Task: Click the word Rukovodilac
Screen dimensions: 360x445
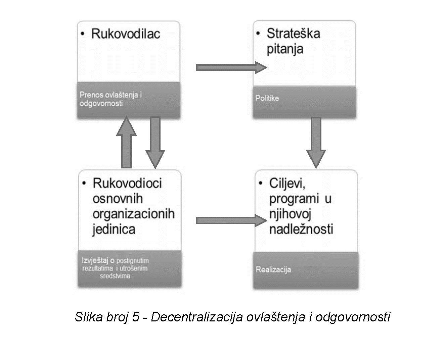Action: tap(126, 34)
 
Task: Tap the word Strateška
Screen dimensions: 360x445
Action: tap(293, 34)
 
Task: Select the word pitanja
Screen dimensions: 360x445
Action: tap(285, 49)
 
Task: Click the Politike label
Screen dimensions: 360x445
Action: tap(267, 98)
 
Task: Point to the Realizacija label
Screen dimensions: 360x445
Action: tap(273, 269)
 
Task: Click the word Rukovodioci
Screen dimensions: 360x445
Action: tap(127, 183)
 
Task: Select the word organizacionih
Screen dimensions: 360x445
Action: tap(133, 214)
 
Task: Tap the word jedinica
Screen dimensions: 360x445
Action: tap(114, 229)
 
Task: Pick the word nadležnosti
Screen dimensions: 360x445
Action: tap(301, 229)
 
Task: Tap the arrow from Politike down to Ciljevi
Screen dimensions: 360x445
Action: tap(316, 142)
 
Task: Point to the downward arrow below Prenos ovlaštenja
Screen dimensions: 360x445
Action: tap(155, 142)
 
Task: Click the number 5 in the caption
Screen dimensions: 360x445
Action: tap(135, 317)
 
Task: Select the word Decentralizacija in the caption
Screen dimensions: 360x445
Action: tap(196, 317)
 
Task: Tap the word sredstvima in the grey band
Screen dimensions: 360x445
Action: tap(115, 276)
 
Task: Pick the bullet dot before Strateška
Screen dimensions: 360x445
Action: tap(258, 34)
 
